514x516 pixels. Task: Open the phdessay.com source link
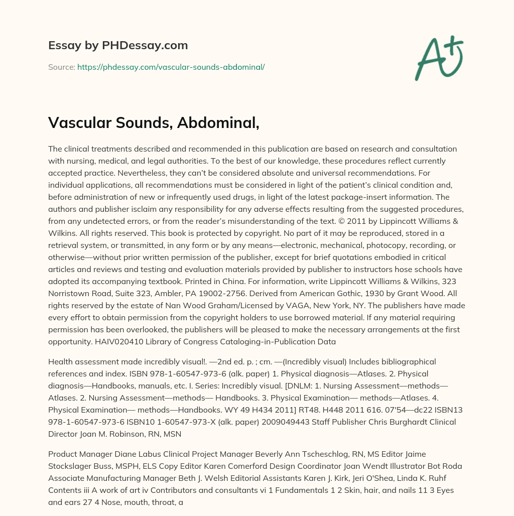point(171,67)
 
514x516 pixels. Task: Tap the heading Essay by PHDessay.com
point(118,45)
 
